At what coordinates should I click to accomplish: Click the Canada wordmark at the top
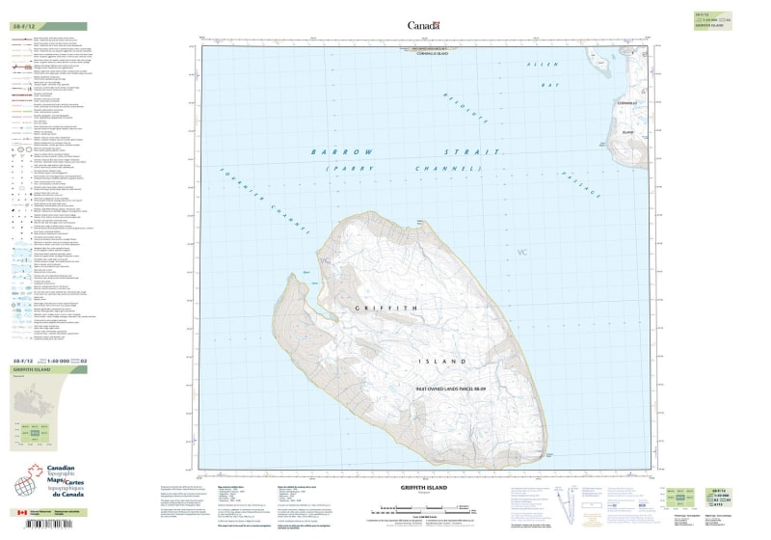pos(423,25)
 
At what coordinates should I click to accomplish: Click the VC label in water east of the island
pos(523,253)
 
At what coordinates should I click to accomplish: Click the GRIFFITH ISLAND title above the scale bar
pos(426,489)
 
